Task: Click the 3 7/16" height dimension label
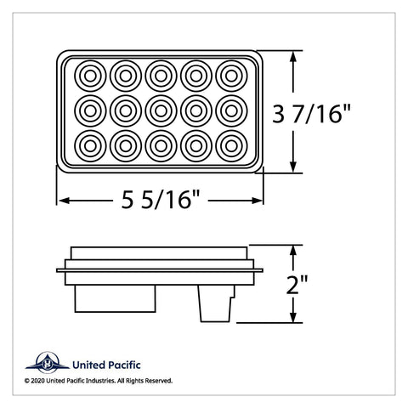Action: coord(311,114)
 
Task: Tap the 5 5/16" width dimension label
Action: coord(161,200)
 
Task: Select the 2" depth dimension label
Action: coord(297,284)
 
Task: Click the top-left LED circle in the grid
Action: coord(90,76)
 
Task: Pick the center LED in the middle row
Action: coord(161,111)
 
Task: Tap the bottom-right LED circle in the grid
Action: coord(231,146)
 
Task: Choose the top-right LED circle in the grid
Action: coord(231,76)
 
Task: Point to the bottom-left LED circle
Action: coord(90,146)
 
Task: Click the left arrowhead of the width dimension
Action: coord(65,201)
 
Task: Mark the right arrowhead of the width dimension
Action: coord(256,201)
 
